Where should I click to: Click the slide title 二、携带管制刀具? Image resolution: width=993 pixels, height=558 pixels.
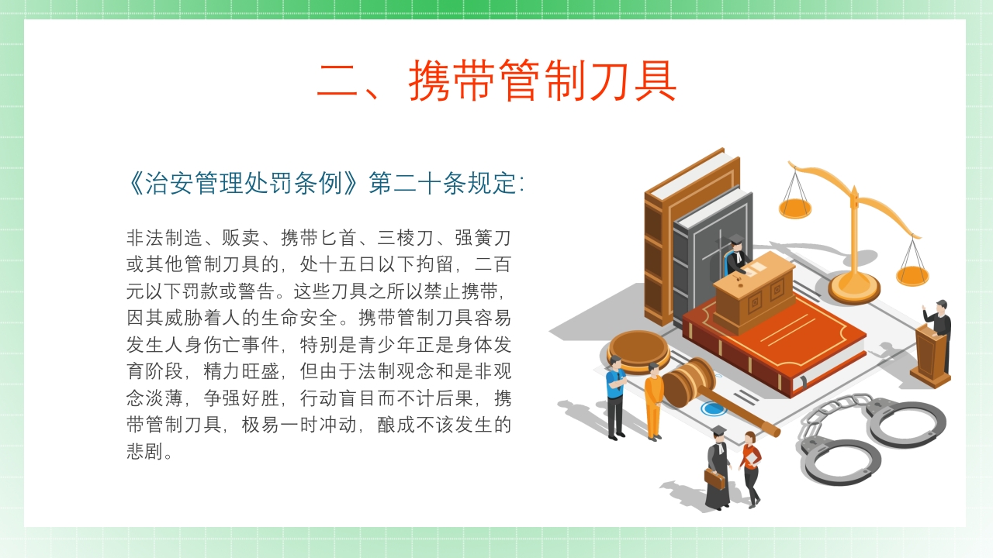pos(496,80)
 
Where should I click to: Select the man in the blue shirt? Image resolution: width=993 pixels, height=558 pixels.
pos(615,395)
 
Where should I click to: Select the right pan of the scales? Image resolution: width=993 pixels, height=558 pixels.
pos(912,275)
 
